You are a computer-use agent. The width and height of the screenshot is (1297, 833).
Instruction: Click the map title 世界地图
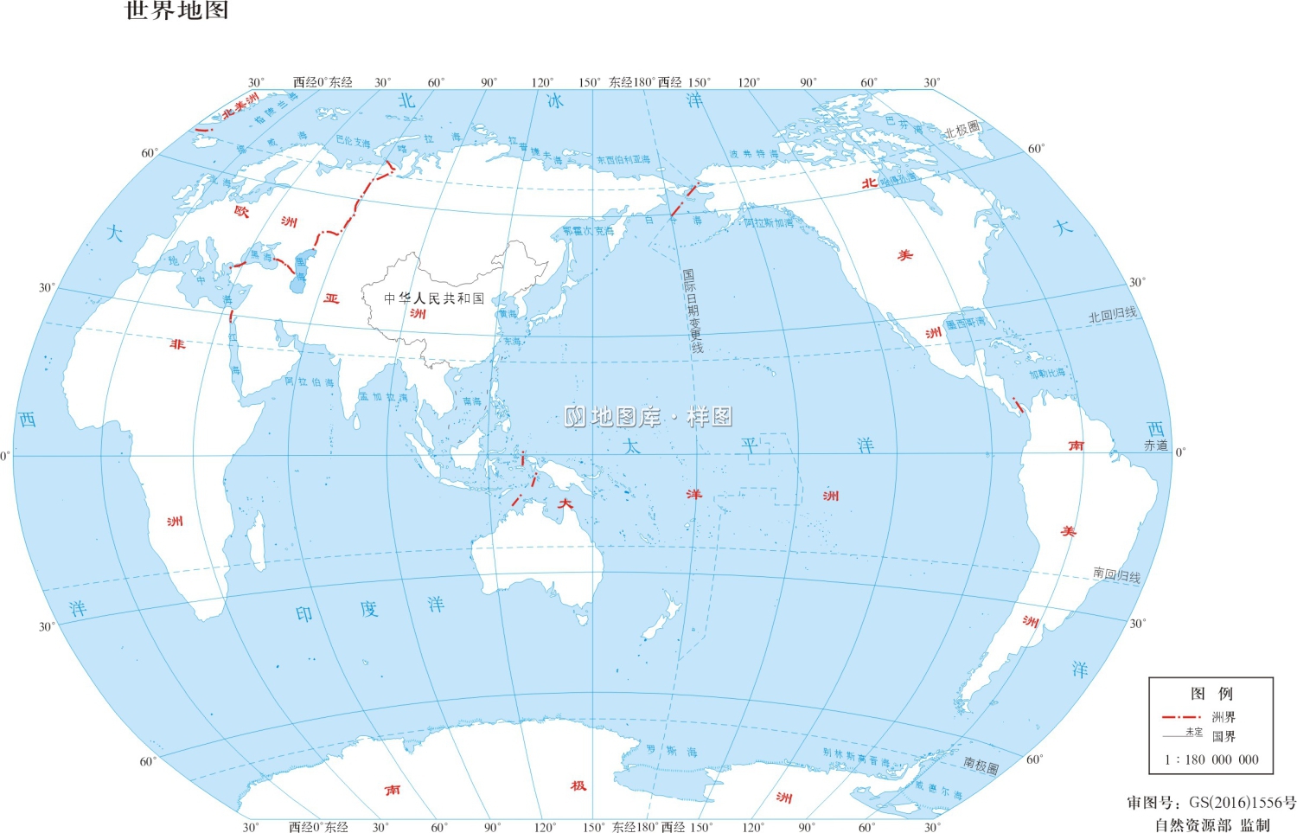click(177, 11)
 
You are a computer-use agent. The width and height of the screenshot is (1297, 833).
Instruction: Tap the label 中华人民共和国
click(434, 298)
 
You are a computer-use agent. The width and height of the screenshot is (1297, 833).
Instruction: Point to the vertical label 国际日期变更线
click(693, 311)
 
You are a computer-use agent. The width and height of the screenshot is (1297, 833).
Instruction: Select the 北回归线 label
click(1113, 316)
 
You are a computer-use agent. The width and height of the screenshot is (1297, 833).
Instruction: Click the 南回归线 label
click(1116, 574)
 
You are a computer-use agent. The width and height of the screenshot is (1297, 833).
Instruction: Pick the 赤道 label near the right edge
click(1156, 445)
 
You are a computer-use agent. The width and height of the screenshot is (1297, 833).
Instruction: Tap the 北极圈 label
click(962, 131)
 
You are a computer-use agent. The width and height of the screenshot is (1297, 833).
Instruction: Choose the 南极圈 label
click(981, 765)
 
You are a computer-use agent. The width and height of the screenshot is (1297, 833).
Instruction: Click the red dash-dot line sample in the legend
click(1181, 717)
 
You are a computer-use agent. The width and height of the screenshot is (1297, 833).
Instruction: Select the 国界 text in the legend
click(1224, 737)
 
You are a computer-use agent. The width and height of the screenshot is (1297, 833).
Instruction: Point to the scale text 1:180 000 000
click(1211, 759)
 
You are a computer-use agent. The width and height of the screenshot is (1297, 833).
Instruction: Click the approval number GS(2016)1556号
click(1211, 803)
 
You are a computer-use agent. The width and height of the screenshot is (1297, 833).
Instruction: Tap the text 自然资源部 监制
click(1212, 824)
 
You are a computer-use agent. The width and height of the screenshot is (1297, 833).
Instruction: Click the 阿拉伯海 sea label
click(310, 381)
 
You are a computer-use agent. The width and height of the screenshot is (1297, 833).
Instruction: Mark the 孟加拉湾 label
click(383, 397)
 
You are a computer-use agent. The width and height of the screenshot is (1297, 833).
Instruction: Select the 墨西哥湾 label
click(965, 323)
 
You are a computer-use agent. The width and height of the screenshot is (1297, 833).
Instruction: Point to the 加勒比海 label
click(1047, 374)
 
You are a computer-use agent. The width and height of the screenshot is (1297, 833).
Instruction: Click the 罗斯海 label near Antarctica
click(672, 752)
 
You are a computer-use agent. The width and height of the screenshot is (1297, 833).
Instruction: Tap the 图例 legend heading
click(1211, 694)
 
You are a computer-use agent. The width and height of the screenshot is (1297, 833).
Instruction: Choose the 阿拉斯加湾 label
click(769, 223)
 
